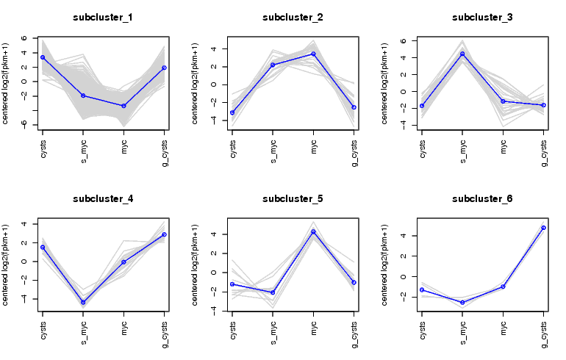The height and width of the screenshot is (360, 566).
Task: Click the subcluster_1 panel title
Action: point(103,16)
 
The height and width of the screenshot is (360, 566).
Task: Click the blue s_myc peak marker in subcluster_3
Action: point(462,54)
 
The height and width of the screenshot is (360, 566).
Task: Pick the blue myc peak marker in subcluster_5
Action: point(313,232)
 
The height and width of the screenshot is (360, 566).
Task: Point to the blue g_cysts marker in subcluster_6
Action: point(543,228)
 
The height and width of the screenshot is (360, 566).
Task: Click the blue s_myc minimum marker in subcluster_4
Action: point(83,302)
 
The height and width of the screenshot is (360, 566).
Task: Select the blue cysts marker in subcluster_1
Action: point(43,57)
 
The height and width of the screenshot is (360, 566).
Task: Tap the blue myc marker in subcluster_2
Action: point(313,54)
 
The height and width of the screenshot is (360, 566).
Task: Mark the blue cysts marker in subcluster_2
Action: point(232,112)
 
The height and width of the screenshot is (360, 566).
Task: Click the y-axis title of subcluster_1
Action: point(6,82)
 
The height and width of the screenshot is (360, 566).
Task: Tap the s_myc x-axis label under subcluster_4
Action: point(83,332)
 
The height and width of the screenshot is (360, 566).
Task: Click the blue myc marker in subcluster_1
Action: point(123,106)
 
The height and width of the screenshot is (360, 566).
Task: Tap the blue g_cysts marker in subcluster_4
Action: point(164,234)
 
